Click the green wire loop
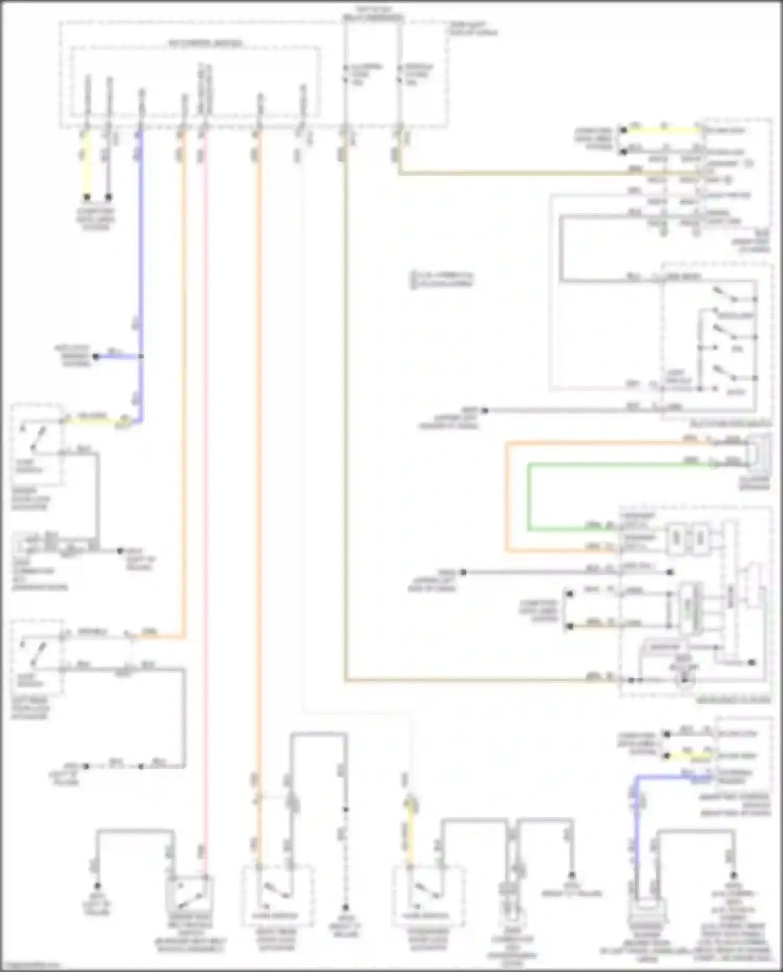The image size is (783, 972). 529,496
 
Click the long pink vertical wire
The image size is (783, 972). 205,470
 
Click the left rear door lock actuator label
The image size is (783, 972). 30,708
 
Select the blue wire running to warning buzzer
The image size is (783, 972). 636,825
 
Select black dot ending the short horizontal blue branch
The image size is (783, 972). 96,357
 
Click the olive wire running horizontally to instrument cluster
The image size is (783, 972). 470,681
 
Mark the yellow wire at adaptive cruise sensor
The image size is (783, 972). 689,756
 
